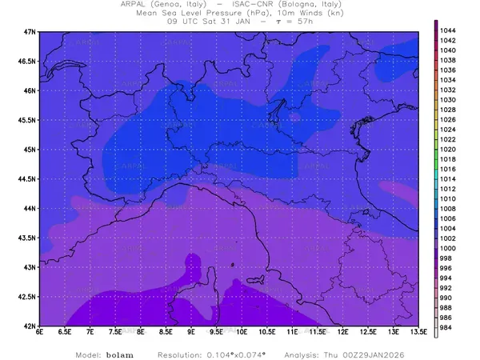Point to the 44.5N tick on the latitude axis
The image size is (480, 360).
tap(29, 178)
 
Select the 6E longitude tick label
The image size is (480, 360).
tap(39, 334)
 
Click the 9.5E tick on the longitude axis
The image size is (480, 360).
tap(216, 334)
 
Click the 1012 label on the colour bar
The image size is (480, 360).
tap(448, 189)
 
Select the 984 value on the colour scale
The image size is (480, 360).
tap(448, 327)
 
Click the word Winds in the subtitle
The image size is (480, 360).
tap(298, 14)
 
